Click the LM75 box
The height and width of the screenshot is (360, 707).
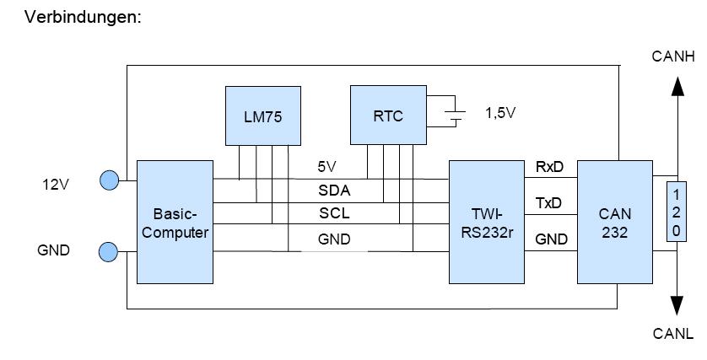(264, 116)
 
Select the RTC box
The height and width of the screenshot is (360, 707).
(388, 116)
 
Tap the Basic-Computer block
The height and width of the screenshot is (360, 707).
(175, 222)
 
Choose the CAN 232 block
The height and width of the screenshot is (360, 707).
(615, 222)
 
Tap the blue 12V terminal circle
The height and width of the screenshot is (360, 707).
(109, 180)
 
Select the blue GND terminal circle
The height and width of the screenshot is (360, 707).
(109, 251)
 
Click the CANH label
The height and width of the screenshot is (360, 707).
(673, 57)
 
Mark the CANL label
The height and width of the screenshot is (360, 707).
(673, 334)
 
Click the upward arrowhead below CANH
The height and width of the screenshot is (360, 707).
(677, 87)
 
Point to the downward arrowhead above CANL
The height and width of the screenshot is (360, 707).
(677, 306)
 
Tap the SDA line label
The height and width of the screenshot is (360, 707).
(334, 191)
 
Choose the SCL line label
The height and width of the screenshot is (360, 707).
(334, 214)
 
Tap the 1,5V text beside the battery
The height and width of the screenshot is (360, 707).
(499, 113)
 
